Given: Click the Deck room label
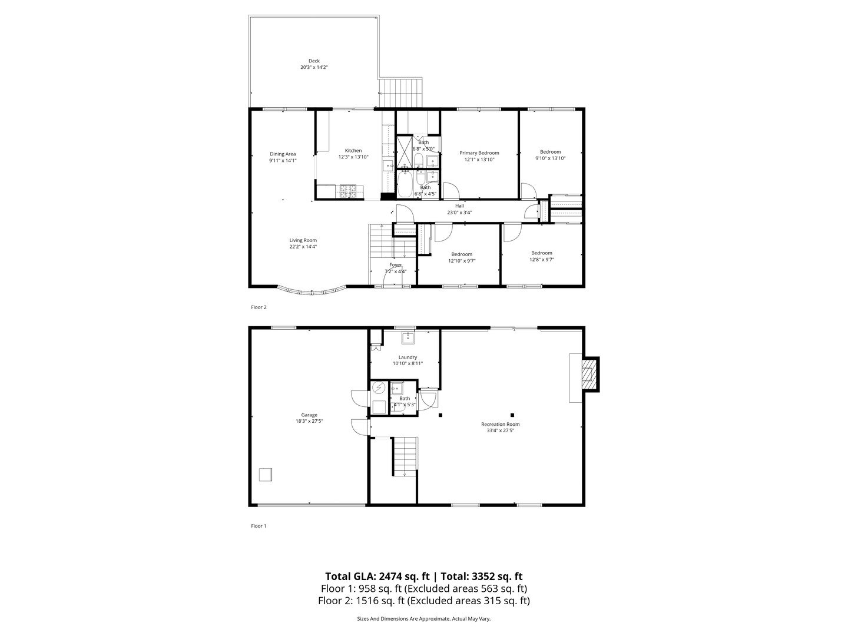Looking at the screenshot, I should [314, 61].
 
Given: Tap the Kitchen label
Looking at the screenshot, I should [353, 151].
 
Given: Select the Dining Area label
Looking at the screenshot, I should [283, 154].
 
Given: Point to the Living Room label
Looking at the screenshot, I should [303, 240].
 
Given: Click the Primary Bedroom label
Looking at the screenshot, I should [479, 153].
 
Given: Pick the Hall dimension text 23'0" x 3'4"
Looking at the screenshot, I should [459, 213].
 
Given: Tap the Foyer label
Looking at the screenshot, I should [395, 265].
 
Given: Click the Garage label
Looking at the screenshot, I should [309, 415].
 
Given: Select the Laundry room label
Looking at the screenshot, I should [408, 357].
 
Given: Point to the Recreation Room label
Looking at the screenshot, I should [500, 424].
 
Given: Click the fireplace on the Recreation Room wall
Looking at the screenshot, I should [589, 374].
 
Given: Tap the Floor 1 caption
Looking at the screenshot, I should [259, 526].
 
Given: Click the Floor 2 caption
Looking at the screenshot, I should [259, 307].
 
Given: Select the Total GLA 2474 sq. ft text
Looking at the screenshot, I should [377, 577].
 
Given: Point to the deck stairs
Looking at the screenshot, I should [400, 93].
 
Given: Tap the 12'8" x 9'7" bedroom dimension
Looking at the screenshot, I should [542, 260].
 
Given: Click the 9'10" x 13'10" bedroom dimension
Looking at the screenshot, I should [550, 158].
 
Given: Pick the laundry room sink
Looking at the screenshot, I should [408, 337].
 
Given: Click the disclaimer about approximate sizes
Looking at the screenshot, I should [423, 619].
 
